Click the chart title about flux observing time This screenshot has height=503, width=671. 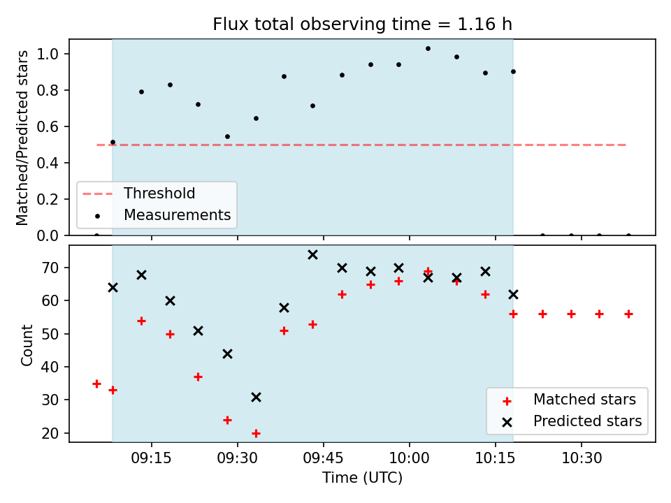363,24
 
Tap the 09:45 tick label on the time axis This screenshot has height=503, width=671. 323,458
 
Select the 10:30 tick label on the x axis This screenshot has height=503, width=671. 582,458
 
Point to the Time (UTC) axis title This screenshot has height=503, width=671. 363,477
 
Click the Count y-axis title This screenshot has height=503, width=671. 27,344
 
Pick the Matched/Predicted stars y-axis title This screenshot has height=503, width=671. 22,138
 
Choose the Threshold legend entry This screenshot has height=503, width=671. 138,194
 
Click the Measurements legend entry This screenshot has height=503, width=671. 164,214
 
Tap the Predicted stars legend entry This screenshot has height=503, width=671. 572,421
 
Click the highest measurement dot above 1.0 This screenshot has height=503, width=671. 428,49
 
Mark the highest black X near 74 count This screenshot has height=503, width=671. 313,255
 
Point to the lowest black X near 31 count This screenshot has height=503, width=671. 256,398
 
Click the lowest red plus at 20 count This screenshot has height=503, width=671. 256,433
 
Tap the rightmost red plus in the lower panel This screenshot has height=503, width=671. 628,314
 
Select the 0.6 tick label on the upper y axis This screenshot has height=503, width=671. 48,127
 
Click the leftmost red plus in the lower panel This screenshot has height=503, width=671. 96,384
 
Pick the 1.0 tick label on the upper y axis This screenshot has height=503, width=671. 48,54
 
